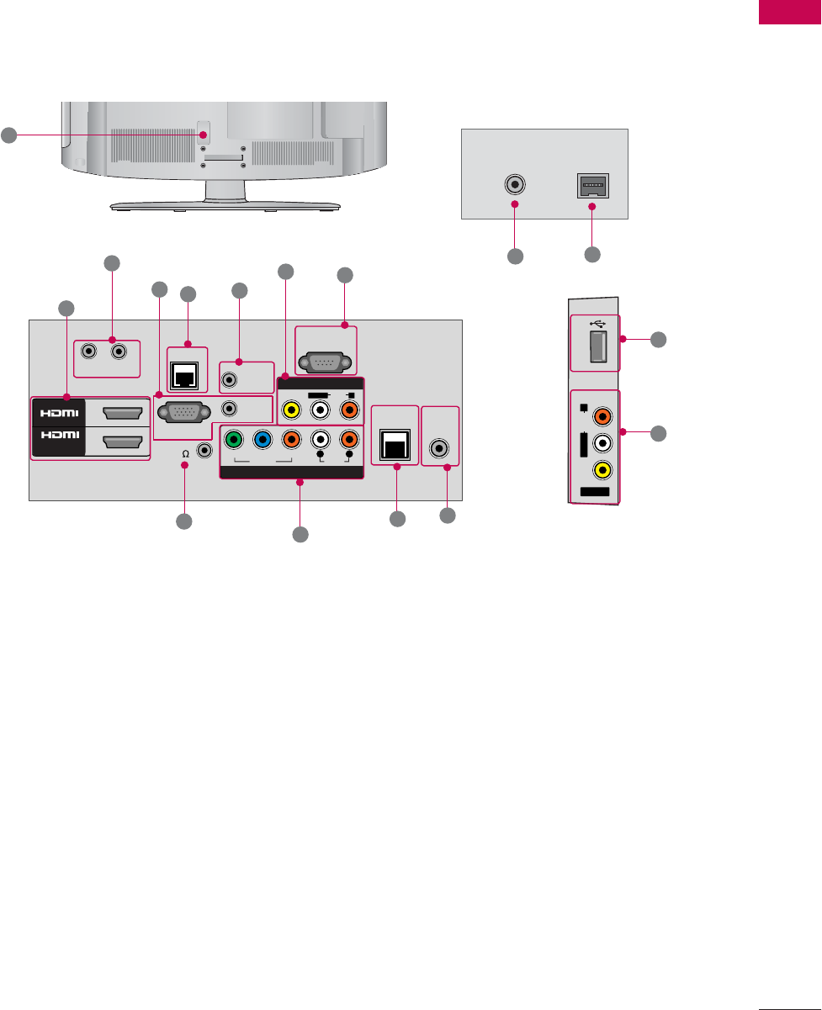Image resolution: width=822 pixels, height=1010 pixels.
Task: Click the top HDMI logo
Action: tap(58, 413)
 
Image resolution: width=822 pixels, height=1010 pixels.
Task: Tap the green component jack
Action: tap(235, 439)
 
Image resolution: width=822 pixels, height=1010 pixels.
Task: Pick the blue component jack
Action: tap(263, 439)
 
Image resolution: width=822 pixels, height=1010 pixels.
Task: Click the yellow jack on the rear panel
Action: tap(290, 412)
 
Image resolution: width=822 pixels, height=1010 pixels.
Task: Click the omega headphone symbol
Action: tap(184, 452)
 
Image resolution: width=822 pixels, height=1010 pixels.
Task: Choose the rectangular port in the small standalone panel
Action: tap(591, 185)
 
